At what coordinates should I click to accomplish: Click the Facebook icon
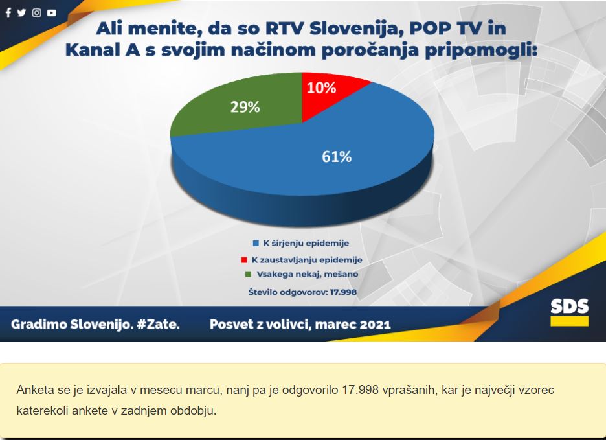pos(8,13)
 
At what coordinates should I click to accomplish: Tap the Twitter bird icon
pos(21,13)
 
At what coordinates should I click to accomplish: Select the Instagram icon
pos(37,13)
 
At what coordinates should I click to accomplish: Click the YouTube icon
pos(51,13)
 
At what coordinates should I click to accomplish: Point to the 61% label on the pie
pos(337,157)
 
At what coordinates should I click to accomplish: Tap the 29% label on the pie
pos(245,107)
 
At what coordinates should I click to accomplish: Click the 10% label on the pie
pos(321,88)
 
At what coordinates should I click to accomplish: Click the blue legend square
pos(256,244)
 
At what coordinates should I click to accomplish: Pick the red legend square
pos(244,260)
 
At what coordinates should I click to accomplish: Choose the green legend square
pos(249,274)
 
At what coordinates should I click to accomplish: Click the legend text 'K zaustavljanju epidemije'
pos(307,260)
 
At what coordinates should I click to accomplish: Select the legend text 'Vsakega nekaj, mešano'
pos(308,274)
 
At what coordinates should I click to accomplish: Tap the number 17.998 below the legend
pos(343,292)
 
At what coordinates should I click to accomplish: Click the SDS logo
pos(570,312)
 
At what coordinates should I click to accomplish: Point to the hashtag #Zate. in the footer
pos(158,324)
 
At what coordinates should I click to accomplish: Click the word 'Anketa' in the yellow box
pos(33,390)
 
